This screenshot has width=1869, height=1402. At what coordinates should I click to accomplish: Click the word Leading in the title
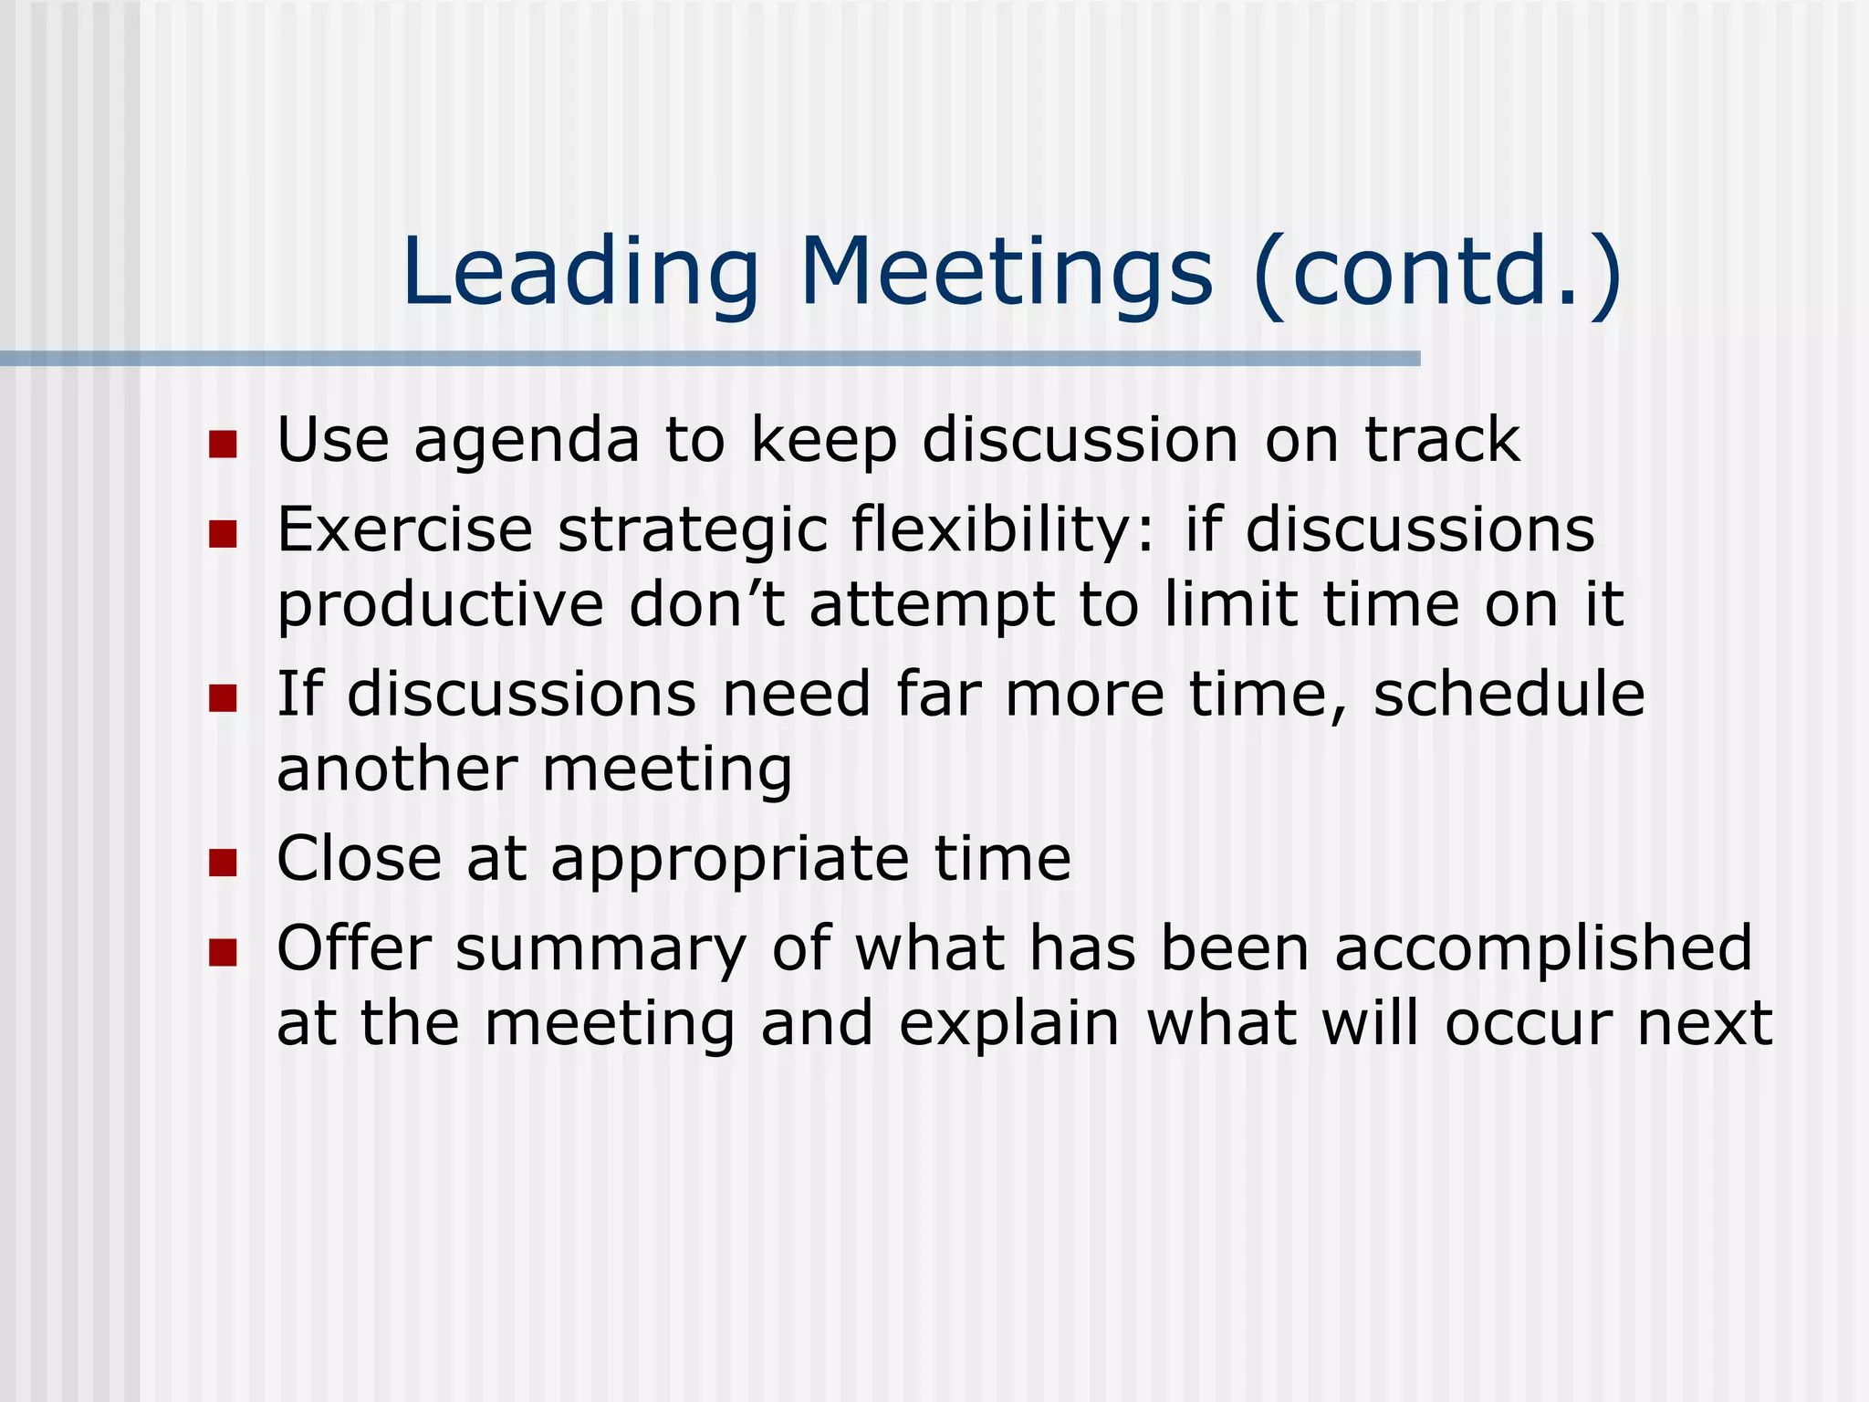[580, 271]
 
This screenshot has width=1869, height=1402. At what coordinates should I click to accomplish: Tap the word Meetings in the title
[1006, 271]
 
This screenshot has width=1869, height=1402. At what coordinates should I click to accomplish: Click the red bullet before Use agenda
[223, 445]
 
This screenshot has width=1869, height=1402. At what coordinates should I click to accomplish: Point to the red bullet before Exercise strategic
[223, 534]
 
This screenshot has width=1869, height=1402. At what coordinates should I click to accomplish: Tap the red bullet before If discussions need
[223, 698]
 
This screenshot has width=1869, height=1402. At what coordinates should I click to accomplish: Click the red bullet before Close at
[223, 862]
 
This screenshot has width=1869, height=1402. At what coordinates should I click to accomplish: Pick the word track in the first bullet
[1442, 440]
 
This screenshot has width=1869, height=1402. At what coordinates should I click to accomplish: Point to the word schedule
[1509, 694]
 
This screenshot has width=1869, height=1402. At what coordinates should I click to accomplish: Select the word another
[397, 769]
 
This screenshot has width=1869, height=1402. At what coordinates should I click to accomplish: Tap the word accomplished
[1543, 949]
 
